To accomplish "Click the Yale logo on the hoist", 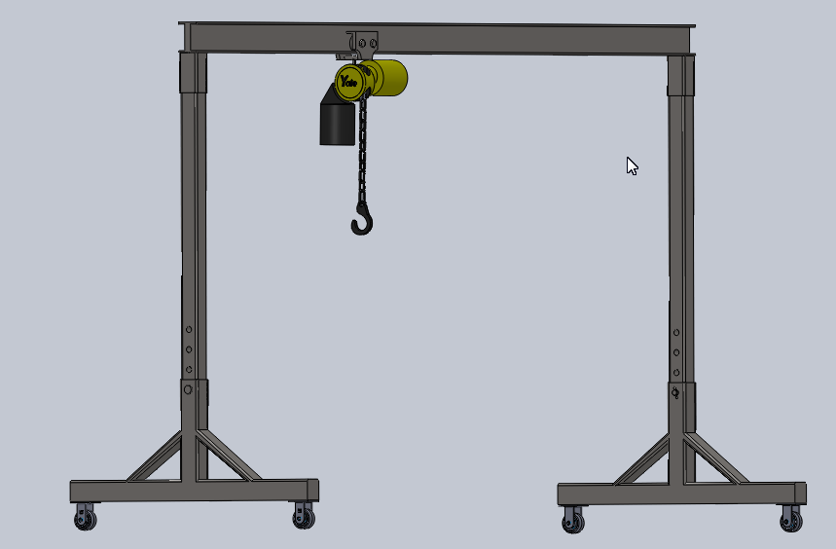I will (349, 83).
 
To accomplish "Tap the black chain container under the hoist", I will (337, 122).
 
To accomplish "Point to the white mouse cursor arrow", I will (632, 165).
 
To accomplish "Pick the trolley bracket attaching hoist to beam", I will (364, 45).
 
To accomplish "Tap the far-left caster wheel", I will (86, 519).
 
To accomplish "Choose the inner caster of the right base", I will (573, 522).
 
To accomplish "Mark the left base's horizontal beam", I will (195, 490).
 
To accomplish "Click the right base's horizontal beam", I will (681, 494).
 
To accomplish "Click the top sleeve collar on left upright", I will (193, 72).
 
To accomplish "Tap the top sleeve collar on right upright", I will (681, 75).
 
